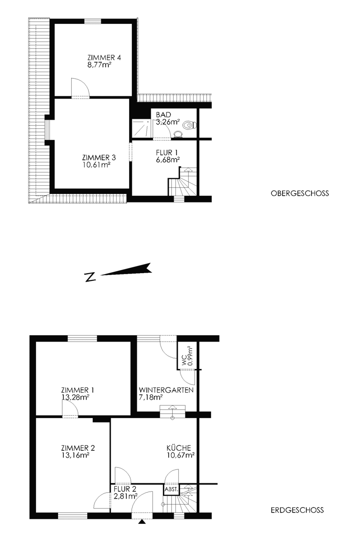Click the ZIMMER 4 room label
click(x=104, y=58)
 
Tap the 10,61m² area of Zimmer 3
click(x=96, y=165)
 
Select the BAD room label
click(x=163, y=115)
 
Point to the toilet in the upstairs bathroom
click(x=190, y=126)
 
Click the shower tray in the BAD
click(x=142, y=129)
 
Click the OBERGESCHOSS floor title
click(x=300, y=193)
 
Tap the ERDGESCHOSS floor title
click(x=297, y=510)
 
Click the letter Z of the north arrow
click(x=90, y=277)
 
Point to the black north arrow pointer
click(x=126, y=270)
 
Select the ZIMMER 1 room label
click(x=78, y=390)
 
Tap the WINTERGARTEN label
click(x=166, y=390)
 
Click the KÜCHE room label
click(x=179, y=448)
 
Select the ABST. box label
click(x=171, y=490)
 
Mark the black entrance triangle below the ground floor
click(x=143, y=522)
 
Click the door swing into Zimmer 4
click(x=81, y=87)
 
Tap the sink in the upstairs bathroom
click(x=178, y=134)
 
